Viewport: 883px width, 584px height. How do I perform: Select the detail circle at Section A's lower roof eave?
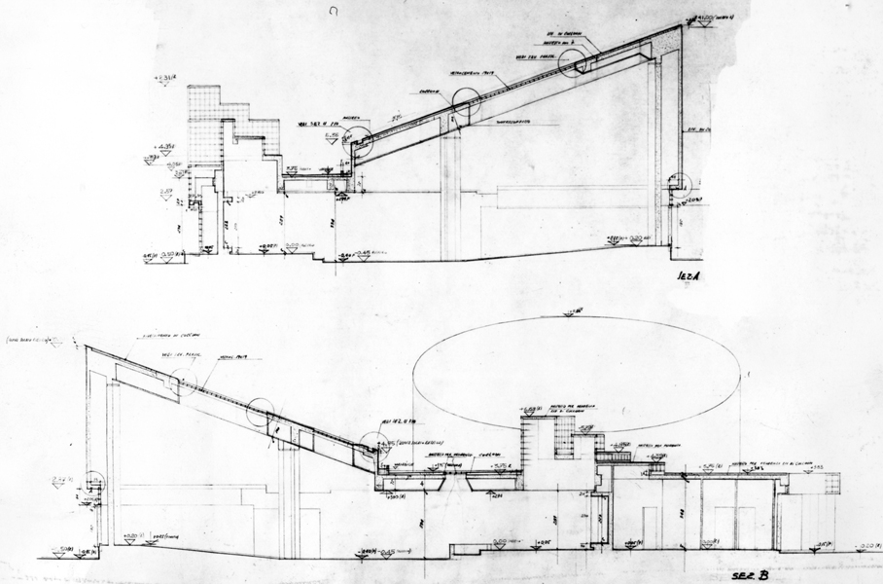pyautogui.click(x=358, y=143)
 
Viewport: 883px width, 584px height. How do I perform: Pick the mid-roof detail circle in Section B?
pyautogui.click(x=263, y=413)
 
